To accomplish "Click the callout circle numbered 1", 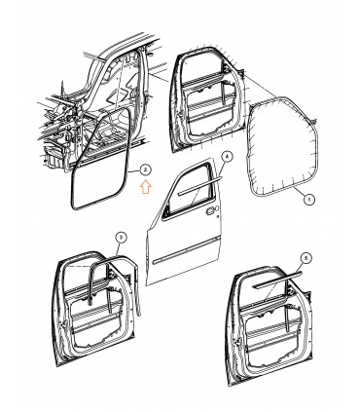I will (x=310, y=200).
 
